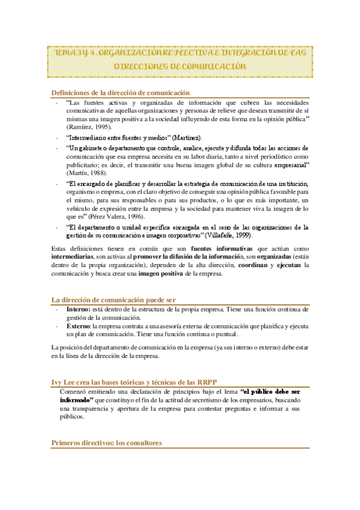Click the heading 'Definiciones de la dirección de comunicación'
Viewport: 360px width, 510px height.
point(120,92)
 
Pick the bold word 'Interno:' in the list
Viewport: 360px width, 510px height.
point(79,309)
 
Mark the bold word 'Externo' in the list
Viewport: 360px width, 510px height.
point(78,326)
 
